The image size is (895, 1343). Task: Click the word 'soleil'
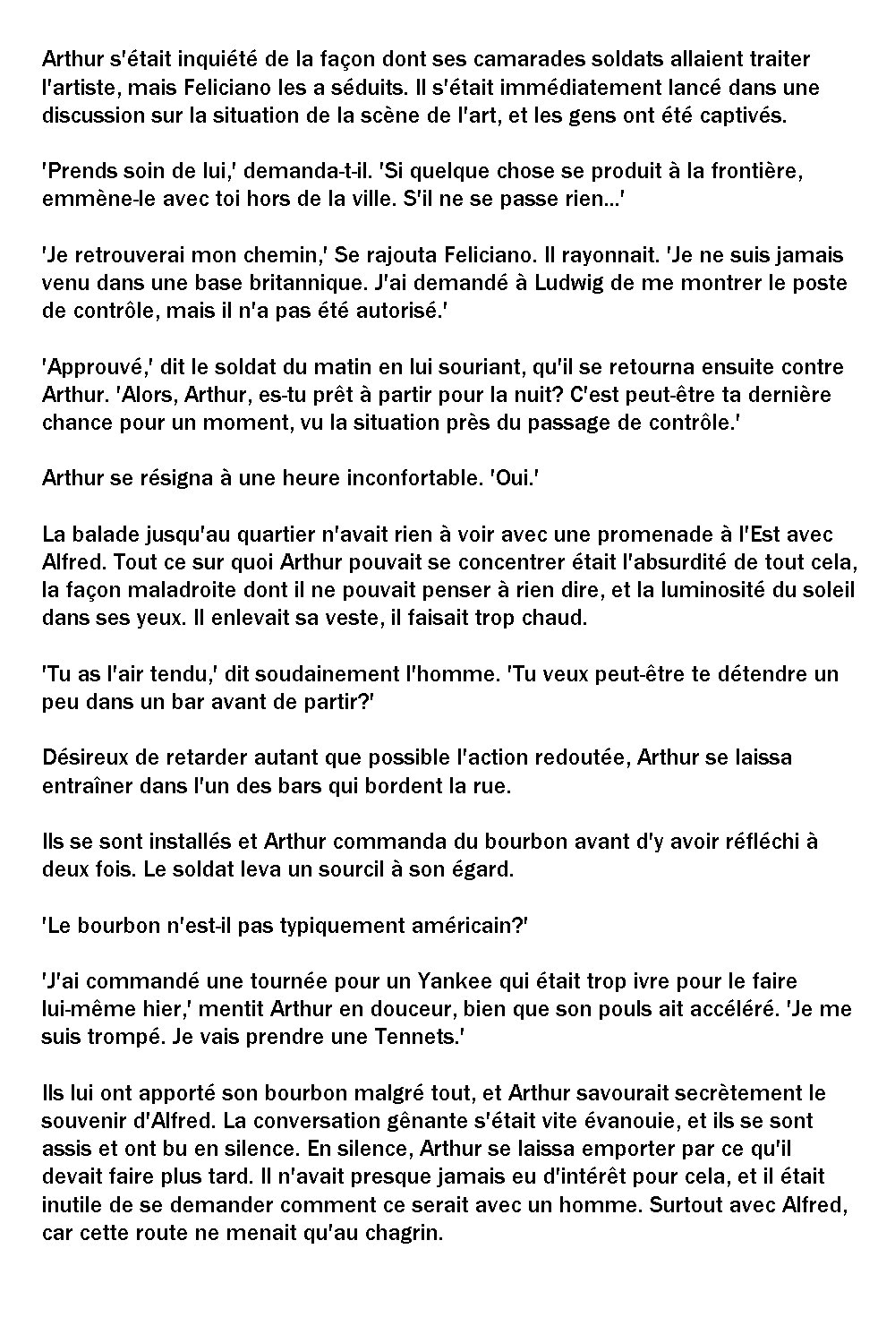tap(829, 590)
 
